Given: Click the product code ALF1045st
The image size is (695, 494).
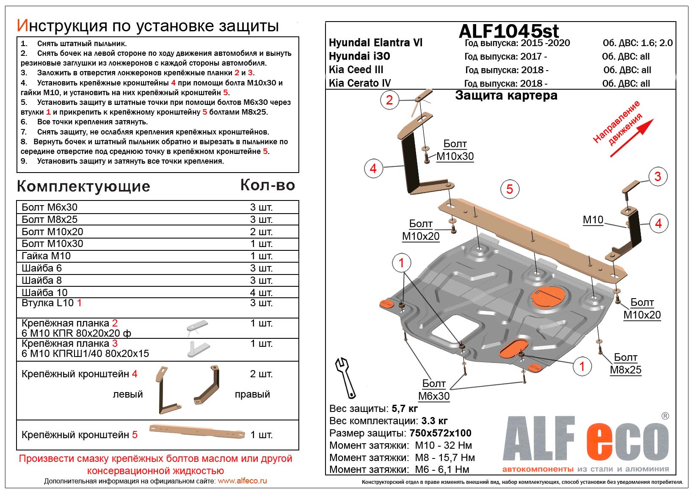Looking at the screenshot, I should pyautogui.click(x=509, y=31).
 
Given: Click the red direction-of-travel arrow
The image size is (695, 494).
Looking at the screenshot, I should pyautogui.click(x=632, y=138).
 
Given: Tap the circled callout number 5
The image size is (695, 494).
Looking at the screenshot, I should pyautogui.click(x=510, y=189).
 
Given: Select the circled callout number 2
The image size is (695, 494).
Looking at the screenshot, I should pyautogui.click(x=389, y=100).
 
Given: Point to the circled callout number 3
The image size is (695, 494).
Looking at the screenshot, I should pyautogui.click(x=657, y=176).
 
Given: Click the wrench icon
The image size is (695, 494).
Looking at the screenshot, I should pyautogui.click(x=345, y=377).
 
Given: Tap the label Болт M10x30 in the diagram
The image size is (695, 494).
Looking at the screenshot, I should pyautogui.click(x=455, y=150).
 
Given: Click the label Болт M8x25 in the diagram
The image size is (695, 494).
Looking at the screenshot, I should pyautogui.click(x=626, y=363).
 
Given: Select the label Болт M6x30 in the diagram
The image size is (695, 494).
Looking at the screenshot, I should pyautogui.click(x=434, y=390).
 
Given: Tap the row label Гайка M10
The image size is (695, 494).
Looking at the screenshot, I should pyautogui.click(x=46, y=256).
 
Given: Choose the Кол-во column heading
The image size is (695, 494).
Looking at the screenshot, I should pyautogui.click(x=268, y=185).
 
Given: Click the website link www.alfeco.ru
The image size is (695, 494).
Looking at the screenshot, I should pyautogui.click(x=242, y=481).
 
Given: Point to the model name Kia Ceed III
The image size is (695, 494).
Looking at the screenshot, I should pyautogui.click(x=356, y=70).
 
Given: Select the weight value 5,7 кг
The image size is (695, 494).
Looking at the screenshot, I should pyautogui.click(x=405, y=409).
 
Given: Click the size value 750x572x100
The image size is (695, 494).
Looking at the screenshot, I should pyautogui.click(x=440, y=433).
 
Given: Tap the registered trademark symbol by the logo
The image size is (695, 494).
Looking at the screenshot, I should pyautogui.click(x=665, y=416).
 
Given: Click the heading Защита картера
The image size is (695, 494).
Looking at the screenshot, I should pyautogui.click(x=506, y=96).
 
